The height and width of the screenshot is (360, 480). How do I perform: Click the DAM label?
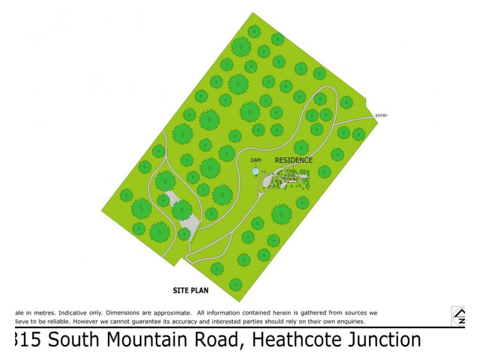click(x=256, y=160)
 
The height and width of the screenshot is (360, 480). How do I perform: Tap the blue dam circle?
click(x=256, y=171)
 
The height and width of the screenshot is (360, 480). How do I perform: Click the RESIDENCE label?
click(x=293, y=160)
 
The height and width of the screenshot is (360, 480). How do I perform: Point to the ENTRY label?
click(x=382, y=116)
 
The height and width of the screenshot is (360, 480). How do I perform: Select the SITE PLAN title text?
click(x=190, y=291)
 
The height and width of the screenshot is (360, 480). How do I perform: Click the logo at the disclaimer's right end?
click(x=459, y=316)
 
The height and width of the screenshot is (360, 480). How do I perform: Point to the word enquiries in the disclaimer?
click(x=347, y=321)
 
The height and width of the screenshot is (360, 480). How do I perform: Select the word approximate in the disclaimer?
click(x=171, y=313)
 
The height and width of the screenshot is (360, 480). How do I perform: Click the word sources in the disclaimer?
click(x=348, y=313)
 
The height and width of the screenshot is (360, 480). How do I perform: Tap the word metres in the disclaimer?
click(x=34, y=313)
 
